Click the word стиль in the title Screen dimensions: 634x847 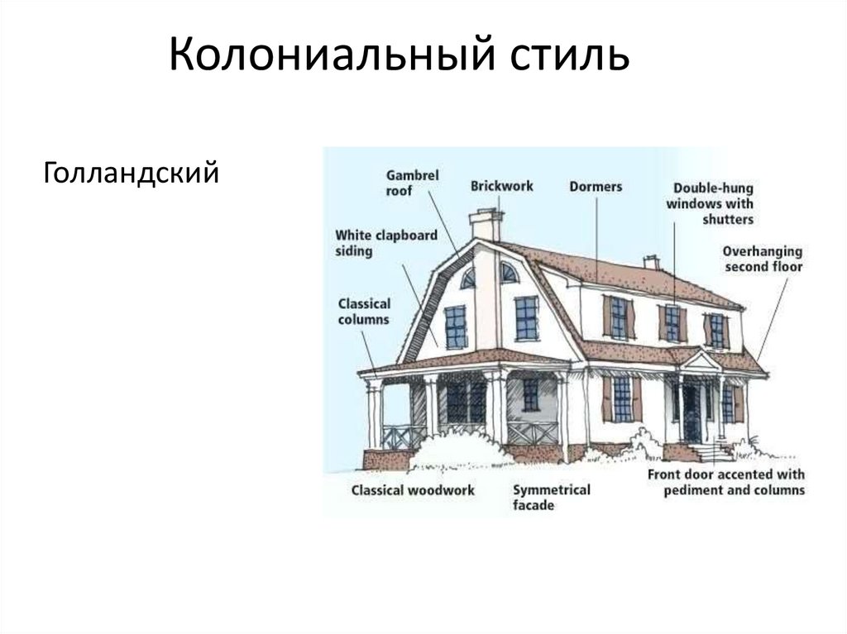tap(567, 57)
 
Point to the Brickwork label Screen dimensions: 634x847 tap(502, 186)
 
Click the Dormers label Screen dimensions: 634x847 tap(595, 187)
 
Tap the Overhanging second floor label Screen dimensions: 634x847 tap(763, 258)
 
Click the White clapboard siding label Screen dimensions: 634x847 tap(385, 243)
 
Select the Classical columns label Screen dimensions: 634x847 tap(364, 311)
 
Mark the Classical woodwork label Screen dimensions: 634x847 tap(413, 490)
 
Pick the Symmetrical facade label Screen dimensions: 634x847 tap(551, 497)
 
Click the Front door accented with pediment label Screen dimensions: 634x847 tap(725, 483)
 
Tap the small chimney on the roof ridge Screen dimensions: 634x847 tap(652, 262)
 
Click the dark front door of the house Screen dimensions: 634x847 tap(691, 413)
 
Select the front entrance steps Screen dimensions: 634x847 tap(712, 452)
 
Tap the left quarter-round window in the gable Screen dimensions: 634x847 tap(469, 279)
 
